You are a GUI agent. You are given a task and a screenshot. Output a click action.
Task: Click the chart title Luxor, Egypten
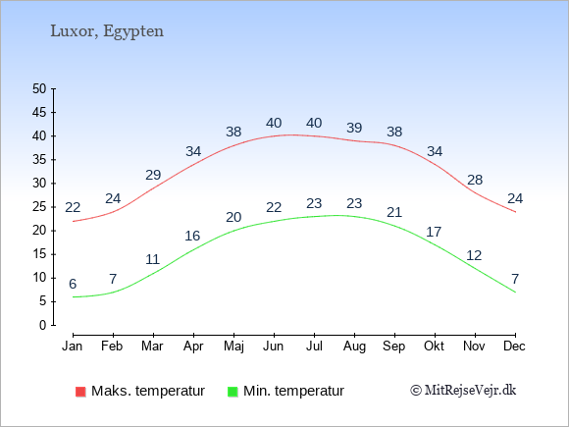coord(107,31)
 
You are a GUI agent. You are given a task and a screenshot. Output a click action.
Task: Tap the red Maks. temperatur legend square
coord(80,392)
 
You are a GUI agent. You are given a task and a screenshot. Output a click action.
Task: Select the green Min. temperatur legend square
coord(233,392)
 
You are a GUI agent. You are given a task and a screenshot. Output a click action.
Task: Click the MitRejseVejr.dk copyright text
coord(463,391)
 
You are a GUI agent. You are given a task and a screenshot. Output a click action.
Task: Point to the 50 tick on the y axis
coord(39,88)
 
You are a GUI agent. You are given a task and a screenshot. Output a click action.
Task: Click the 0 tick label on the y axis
coord(43,325)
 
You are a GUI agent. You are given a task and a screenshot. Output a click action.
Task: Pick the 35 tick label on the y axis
coord(39,159)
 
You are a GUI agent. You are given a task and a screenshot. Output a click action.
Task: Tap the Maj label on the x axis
coord(233,347)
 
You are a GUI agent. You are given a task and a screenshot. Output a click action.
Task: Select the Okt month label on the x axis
coord(434,346)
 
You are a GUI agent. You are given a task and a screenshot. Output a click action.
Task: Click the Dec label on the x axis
coord(514,346)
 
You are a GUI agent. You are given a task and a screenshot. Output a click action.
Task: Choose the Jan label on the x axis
coord(73,346)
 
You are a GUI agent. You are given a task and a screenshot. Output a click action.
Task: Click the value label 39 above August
coord(354,128)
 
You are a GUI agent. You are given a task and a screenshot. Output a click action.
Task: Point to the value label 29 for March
coord(153,175)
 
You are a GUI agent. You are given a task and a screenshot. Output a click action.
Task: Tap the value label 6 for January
coord(73,284)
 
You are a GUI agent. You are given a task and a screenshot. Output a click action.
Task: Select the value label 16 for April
coord(192,236)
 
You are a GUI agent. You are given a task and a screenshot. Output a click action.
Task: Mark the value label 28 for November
coord(475,180)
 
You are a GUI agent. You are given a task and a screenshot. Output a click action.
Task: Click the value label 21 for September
coord(394,212)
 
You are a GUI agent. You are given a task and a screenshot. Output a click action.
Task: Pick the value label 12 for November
coord(474,255)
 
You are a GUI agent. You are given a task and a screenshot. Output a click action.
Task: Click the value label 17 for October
coord(434,232)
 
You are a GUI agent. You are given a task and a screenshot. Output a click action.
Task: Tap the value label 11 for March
coord(153,259)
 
